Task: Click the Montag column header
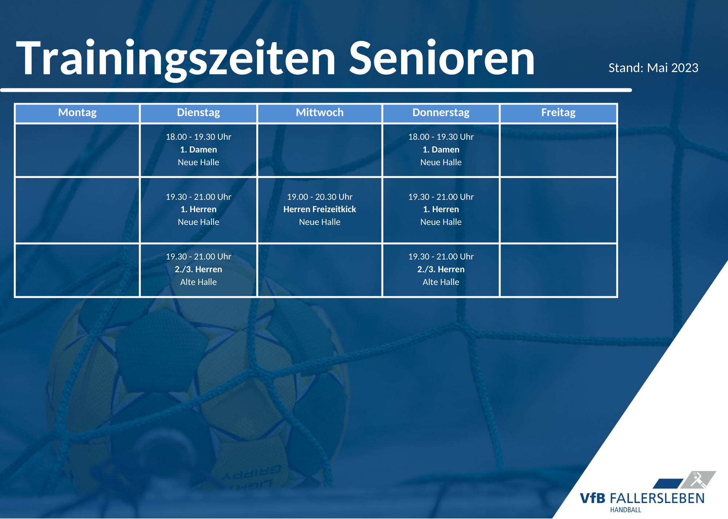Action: pos(77,112)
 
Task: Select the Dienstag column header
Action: pos(198,112)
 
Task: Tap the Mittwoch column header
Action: pos(320,112)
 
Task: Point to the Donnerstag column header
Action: pos(441,112)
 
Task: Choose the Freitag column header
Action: pos(558,112)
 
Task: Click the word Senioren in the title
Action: pos(442,58)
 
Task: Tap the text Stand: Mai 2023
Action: pos(653,68)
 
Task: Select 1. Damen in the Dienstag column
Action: pos(198,150)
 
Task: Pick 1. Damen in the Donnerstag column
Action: pos(441,150)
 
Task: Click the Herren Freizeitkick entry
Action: pos(320,209)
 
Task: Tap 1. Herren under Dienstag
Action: pos(198,209)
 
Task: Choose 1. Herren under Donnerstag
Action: pos(441,209)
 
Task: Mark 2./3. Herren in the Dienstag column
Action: pos(198,269)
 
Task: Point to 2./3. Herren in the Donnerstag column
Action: pos(441,269)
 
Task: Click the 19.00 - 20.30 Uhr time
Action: pos(320,197)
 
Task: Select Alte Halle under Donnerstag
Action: pos(441,282)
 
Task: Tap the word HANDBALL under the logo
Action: pos(626,510)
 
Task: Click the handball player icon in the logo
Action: pos(698,480)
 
